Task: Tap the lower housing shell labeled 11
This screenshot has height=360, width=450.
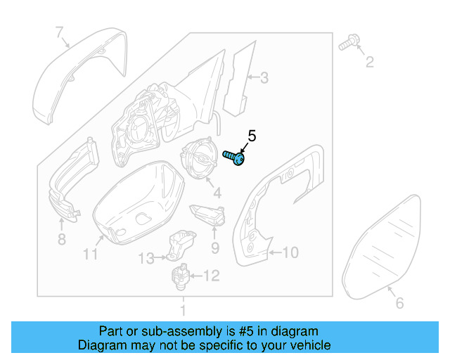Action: pyautogui.click(x=137, y=200)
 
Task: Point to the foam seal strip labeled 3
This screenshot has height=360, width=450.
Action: pyautogui.click(x=238, y=75)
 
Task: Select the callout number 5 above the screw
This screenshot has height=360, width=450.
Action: pyautogui.click(x=252, y=136)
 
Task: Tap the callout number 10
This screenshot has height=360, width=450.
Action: pyautogui.click(x=292, y=251)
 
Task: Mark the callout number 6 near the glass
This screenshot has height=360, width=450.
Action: pyautogui.click(x=399, y=303)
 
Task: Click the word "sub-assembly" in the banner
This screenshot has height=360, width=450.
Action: pyautogui.click(x=162, y=331)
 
